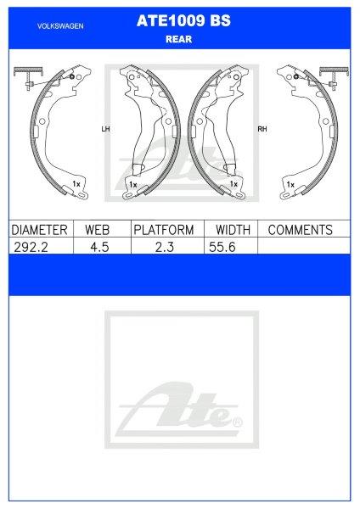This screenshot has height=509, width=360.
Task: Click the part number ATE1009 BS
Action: (183, 20)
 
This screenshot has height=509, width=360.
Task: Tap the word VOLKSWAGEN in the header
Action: (60, 26)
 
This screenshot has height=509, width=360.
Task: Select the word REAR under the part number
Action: (178, 39)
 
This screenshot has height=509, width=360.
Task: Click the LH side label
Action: (106, 129)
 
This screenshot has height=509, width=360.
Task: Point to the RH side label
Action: (262, 129)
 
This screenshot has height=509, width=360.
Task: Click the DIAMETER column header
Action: (39, 230)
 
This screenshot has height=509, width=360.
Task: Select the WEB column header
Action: (97, 230)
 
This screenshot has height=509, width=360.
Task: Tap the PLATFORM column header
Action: (164, 230)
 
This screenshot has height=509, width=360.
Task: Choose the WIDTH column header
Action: (233, 230)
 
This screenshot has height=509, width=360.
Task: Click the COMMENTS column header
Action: (301, 230)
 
